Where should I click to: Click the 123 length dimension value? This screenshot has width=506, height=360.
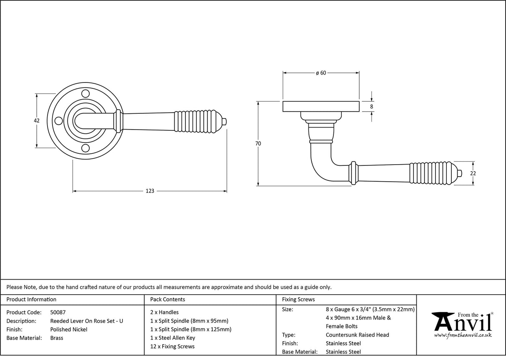tap(150, 191)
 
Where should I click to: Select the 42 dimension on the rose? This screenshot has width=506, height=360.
tap(37, 120)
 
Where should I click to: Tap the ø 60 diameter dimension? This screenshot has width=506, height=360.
tap(321, 73)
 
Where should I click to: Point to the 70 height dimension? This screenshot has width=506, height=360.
tap(258, 143)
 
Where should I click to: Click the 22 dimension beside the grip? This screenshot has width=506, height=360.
tap(473, 173)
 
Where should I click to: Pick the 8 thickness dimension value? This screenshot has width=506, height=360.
tap(371, 107)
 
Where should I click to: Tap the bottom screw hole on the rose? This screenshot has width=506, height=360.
tap(85, 148)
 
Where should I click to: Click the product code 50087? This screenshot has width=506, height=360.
tap(58, 312)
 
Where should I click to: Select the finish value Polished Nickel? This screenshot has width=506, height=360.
tap(69, 329)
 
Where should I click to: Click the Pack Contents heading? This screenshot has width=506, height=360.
tap(167, 299)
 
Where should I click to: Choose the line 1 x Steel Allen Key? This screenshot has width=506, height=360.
tap(172, 338)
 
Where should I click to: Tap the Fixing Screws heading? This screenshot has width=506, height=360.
tap(298, 299)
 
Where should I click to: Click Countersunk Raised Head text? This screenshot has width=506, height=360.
tap(357, 335)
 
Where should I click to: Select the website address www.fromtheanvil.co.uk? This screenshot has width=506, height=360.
tap(463, 335)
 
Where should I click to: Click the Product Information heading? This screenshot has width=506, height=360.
tap(31, 299)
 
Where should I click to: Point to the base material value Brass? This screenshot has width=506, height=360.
tap(57, 338)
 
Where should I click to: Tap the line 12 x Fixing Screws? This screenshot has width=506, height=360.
tap(172, 346)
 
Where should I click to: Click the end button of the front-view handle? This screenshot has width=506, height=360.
tap(225, 122)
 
